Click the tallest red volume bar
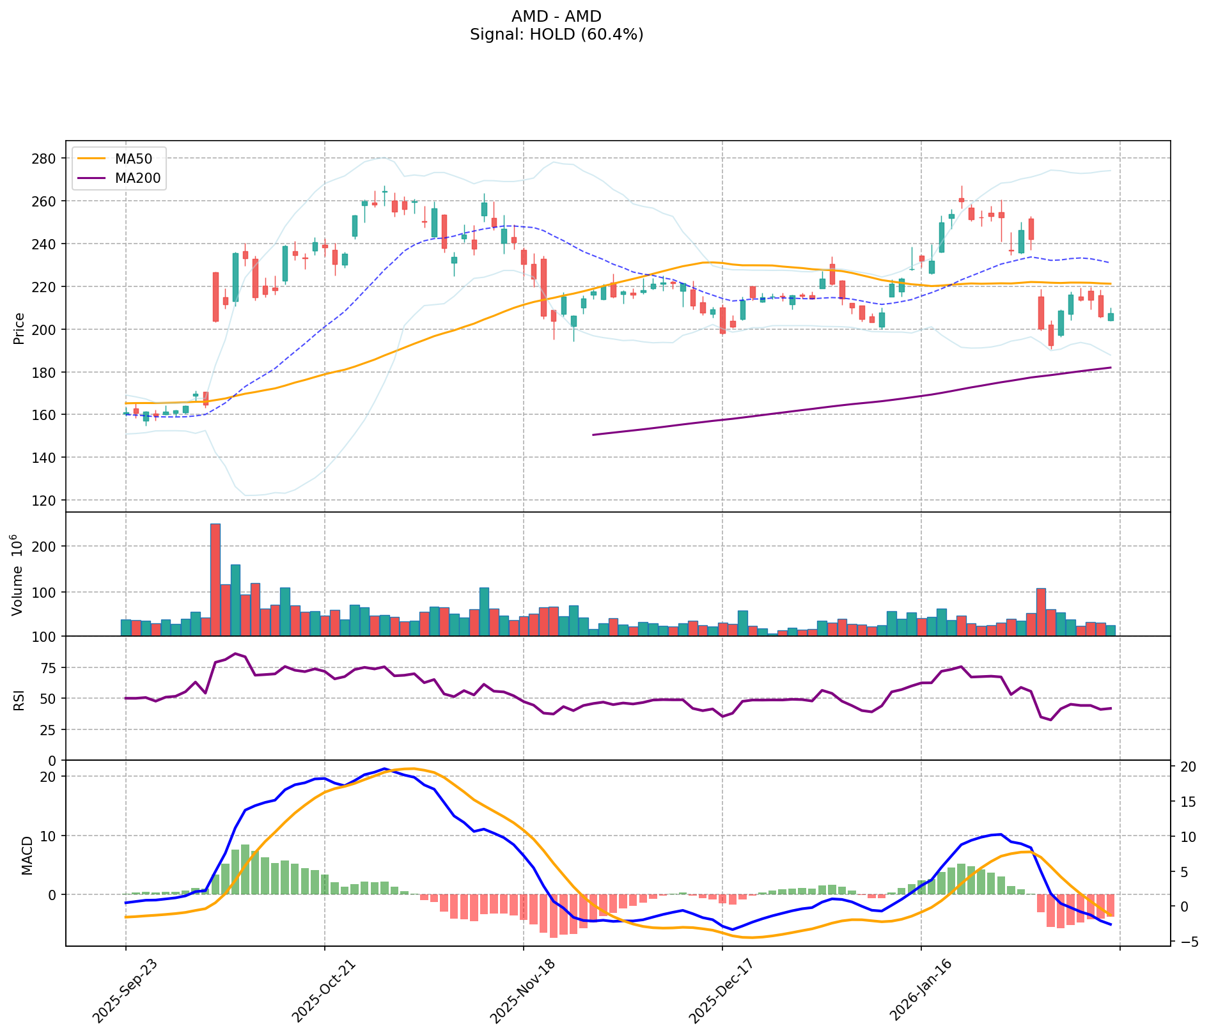215,579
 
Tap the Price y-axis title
19,329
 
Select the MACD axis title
27,855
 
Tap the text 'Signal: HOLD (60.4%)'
556,35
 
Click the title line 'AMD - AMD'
556,17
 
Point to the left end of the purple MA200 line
594,435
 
